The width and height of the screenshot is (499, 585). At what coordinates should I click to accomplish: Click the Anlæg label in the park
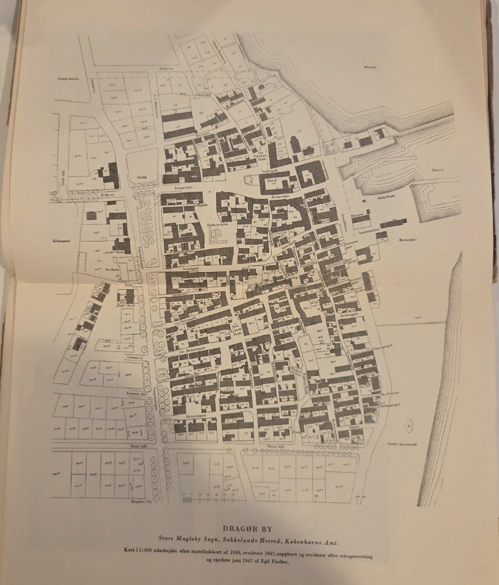(x=140, y=177)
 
